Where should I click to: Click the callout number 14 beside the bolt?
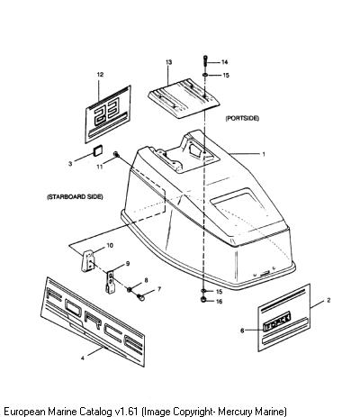(224, 62)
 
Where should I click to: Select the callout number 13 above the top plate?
(169, 62)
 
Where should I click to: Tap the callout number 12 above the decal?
(100, 74)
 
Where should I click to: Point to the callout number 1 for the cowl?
(264, 154)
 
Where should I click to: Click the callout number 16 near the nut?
(220, 301)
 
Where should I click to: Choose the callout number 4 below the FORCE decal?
(83, 358)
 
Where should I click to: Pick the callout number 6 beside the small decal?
(242, 331)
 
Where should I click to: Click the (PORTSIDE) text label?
(242, 118)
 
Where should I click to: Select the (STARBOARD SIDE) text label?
(75, 197)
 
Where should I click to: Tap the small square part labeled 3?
(98, 150)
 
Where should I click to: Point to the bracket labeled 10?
(88, 261)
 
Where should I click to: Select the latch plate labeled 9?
(111, 281)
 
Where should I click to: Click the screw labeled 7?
(140, 297)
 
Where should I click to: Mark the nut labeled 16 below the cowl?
(204, 299)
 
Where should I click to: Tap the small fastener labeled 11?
(116, 155)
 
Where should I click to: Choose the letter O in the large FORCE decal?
(72, 307)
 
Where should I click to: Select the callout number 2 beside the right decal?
(328, 300)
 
